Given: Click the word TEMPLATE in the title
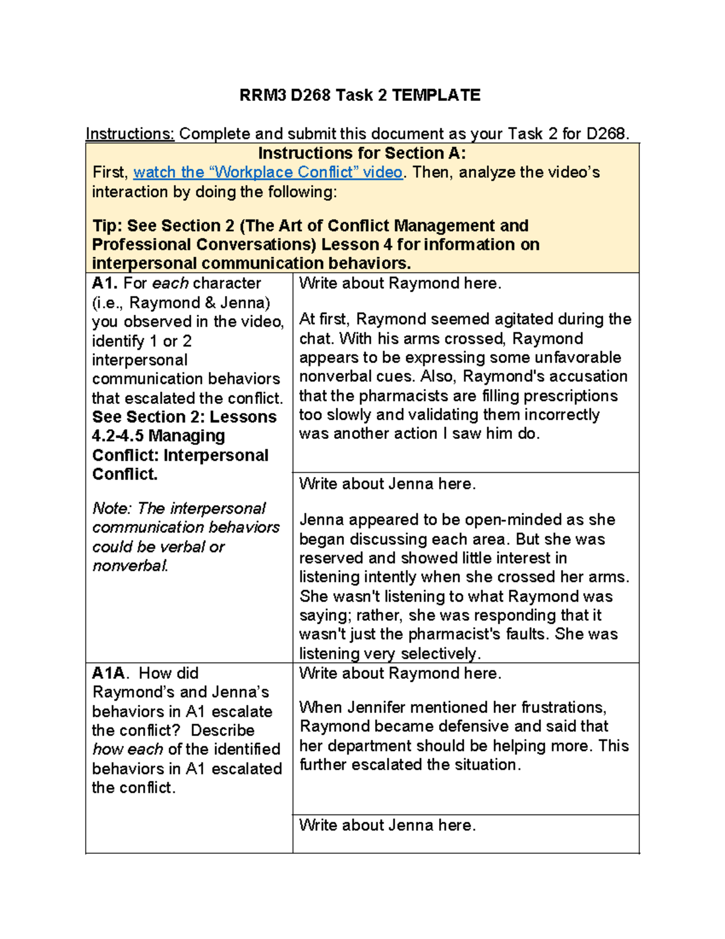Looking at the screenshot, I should pyautogui.click(x=436, y=96).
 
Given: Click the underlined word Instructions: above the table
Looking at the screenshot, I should pyautogui.click(x=130, y=134).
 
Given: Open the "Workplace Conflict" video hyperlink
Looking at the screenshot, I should pyautogui.click(x=268, y=172).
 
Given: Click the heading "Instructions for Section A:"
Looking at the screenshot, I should pyautogui.click(x=362, y=153).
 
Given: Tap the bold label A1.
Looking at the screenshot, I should pyautogui.click(x=105, y=283).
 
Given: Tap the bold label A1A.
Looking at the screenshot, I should pyautogui.click(x=110, y=673).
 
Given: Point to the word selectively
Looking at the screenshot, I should pyautogui.click(x=440, y=654).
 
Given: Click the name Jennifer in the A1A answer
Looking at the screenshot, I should pyautogui.click(x=364, y=707).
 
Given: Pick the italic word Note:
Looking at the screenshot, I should pyautogui.click(x=112, y=508).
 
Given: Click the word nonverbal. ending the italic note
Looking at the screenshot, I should pyautogui.click(x=130, y=565).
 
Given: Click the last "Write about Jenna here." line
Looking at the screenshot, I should pyautogui.click(x=387, y=825).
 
